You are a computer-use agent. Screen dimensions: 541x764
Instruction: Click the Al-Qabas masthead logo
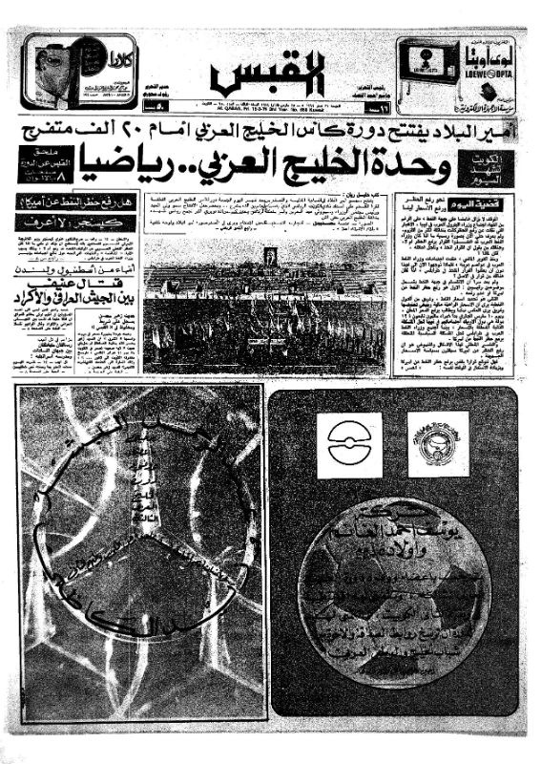(x=269, y=71)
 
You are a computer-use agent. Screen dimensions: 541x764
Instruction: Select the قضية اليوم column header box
(x=487, y=203)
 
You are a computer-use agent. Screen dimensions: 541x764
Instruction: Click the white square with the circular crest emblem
(x=438, y=445)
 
